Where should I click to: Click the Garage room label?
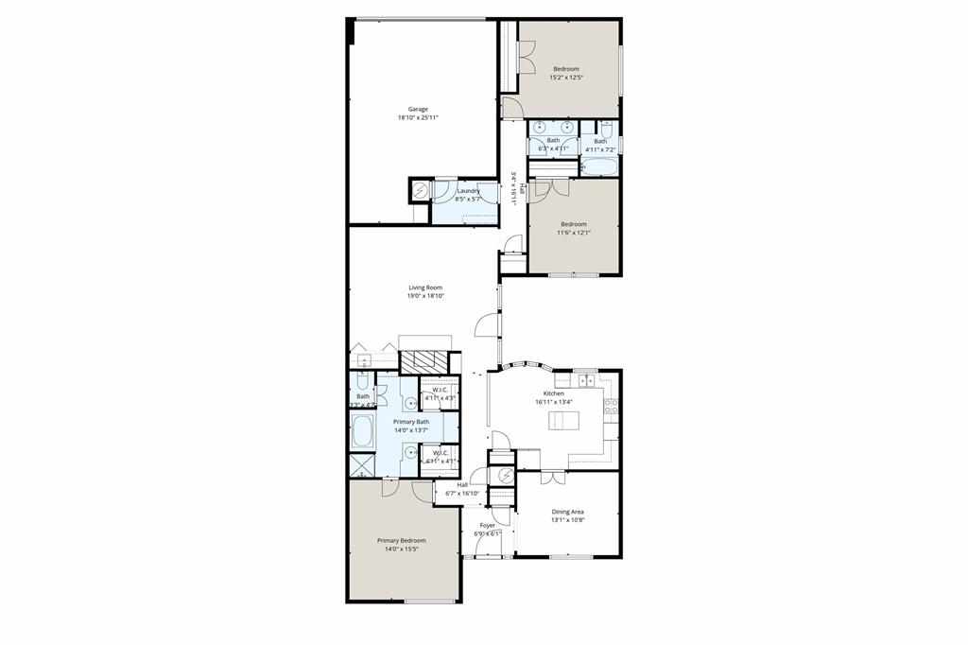(x=418, y=109)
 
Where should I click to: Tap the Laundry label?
(x=468, y=191)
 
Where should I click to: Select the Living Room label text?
(x=425, y=288)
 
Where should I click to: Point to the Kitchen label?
(x=553, y=393)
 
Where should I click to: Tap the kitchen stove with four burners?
(x=611, y=408)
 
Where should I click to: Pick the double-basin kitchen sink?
(x=586, y=380)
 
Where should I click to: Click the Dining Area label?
(x=567, y=512)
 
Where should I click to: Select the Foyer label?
(x=488, y=525)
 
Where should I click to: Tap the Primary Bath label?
(x=411, y=422)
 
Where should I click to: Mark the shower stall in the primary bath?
(x=361, y=465)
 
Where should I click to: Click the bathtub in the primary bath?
(x=362, y=431)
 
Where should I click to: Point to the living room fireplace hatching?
(x=423, y=362)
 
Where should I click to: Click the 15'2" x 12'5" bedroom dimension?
(x=566, y=78)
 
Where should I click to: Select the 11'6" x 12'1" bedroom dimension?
(x=574, y=233)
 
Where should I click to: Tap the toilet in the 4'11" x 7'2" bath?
(x=607, y=129)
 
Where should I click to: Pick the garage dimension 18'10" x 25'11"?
(x=418, y=118)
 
